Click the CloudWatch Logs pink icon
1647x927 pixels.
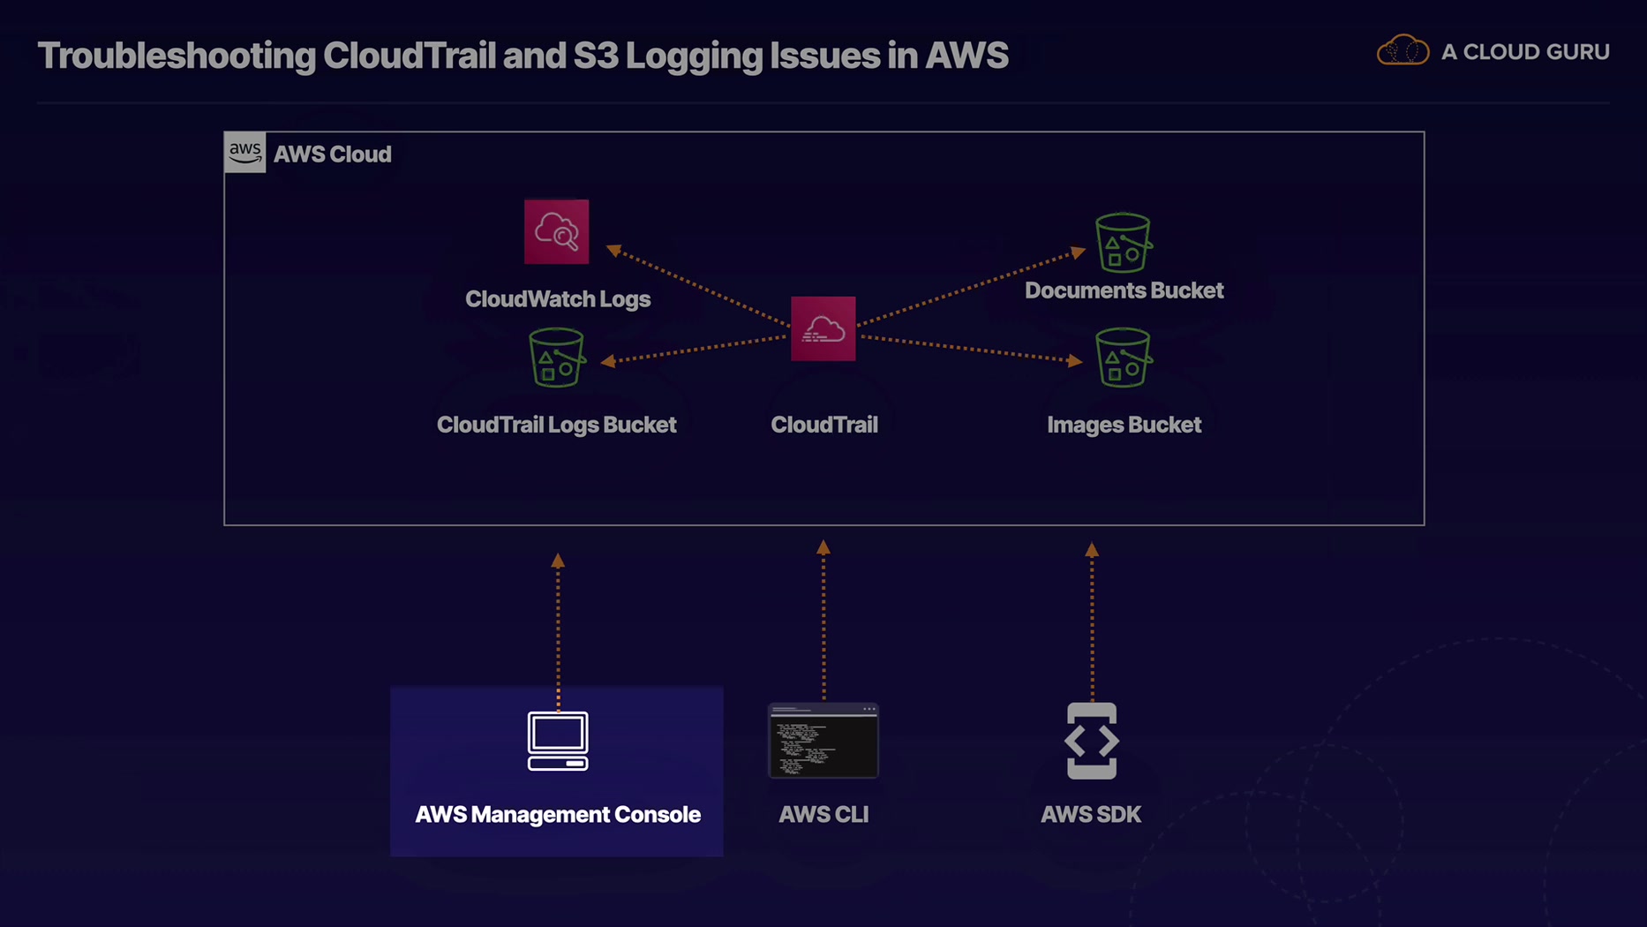pyautogui.click(x=556, y=231)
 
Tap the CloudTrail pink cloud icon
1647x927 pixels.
pyautogui.click(x=823, y=328)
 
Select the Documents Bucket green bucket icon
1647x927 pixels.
pyautogui.click(x=1123, y=242)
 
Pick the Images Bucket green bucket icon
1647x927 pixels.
pyautogui.click(x=1123, y=358)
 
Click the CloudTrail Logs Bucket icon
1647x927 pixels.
pyautogui.click(x=556, y=358)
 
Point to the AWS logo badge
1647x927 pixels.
pyautogui.click(x=244, y=153)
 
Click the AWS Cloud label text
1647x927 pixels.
pyautogui.click(x=332, y=154)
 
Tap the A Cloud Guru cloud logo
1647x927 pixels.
pyautogui.click(x=1403, y=51)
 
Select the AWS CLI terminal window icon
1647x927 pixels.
pyautogui.click(x=823, y=741)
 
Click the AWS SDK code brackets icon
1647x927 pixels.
pyautogui.click(x=1091, y=741)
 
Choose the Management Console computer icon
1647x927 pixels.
pyautogui.click(x=558, y=741)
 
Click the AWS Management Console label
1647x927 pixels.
pyautogui.click(x=558, y=814)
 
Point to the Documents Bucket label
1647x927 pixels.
pyautogui.click(x=1124, y=290)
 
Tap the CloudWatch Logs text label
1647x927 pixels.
pyautogui.click(x=558, y=299)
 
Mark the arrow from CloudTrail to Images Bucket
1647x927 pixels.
pyautogui.click(x=971, y=349)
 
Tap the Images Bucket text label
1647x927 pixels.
pyautogui.click(x=1124, y=425)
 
